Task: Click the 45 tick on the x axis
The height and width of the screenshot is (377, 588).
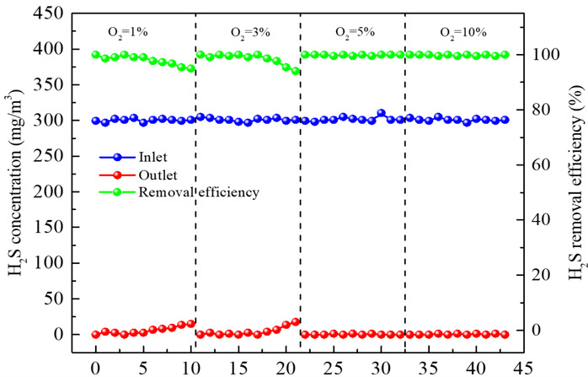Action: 525,368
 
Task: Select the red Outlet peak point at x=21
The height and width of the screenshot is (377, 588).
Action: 296,321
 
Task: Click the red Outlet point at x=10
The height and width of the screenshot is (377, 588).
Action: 191,323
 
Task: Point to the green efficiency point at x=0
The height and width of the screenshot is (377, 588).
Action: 95,55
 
